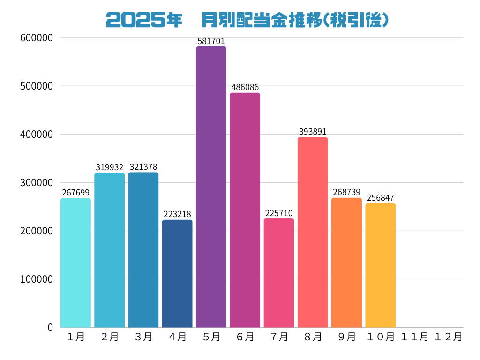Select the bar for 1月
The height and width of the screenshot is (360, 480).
click(x=75, y=262)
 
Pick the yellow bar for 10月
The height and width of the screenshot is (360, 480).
click(x=380, y=265)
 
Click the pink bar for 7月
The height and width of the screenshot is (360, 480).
click(x=279, y=273)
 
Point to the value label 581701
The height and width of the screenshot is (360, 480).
click(x=211, y=41)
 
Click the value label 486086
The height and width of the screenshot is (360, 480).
click(x=245, y=87)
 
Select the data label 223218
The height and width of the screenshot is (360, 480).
click(x=177, y=214)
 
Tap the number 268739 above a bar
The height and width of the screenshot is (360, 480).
click(x=346, y=192)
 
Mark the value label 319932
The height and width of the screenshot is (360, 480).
click(x=109, y=167)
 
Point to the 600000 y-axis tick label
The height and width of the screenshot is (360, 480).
click(x=37, y=38)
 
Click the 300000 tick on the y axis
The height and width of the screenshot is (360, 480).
click(x=37, y=183)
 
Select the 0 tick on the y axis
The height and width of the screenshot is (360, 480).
click(x=50, y=327)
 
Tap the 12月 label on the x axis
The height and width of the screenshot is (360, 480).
click(x=448, y=337)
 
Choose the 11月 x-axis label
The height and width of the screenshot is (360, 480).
click(x=414, y=337)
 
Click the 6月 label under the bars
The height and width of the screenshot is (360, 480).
click(x=245, y=337)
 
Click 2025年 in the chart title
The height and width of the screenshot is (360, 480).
click(x=144, y=20)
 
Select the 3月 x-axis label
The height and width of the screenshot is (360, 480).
click(x=143, y=337)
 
